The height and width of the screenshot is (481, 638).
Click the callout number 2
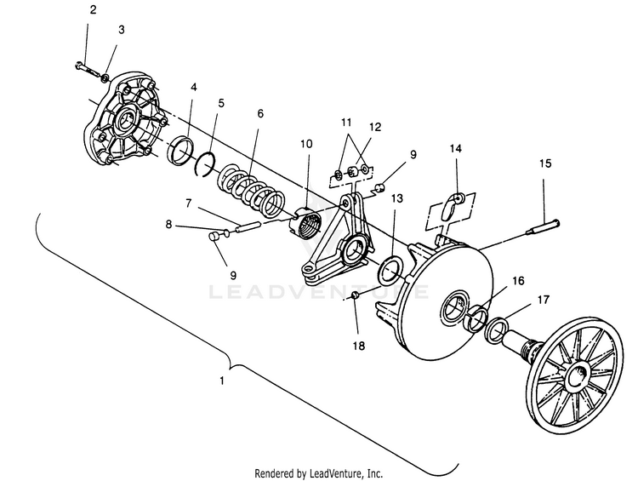(x=94, y=10)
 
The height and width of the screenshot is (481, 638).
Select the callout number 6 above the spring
(x=260, y=113)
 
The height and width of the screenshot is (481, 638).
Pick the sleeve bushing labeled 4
(x=181, y=152)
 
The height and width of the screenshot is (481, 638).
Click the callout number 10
(x=307, y=144)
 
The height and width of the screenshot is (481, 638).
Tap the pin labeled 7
(x=247, y=226)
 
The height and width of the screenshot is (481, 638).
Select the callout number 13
(x=397, y=198)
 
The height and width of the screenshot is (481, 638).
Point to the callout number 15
(x=545, y=163)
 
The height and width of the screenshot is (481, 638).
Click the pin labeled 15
(x=544, y=227)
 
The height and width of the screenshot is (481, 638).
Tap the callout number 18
(x=359, y=346)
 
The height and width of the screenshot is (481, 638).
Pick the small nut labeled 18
(x=355, y=296)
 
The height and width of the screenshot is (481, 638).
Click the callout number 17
(x=544, y=301)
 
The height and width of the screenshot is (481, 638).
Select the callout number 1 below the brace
(x=222, y=381)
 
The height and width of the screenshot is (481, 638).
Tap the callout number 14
(x=456, y=149)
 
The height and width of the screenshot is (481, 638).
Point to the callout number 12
(x=375, y=127)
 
